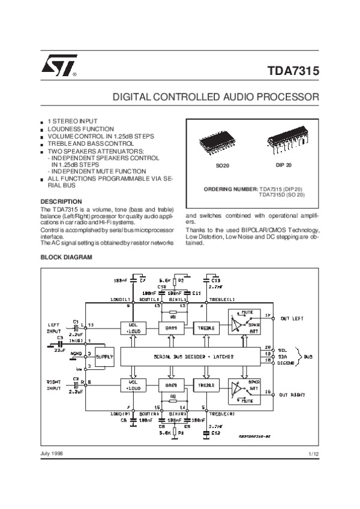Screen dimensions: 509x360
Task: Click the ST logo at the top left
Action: point(58,69)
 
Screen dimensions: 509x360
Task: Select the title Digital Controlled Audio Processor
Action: point(217,97)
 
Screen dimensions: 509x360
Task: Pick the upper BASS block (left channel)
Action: point(170,327)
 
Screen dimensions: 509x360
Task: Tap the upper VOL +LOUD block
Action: point(133,327)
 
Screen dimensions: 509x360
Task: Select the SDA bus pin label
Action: point(283,355)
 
